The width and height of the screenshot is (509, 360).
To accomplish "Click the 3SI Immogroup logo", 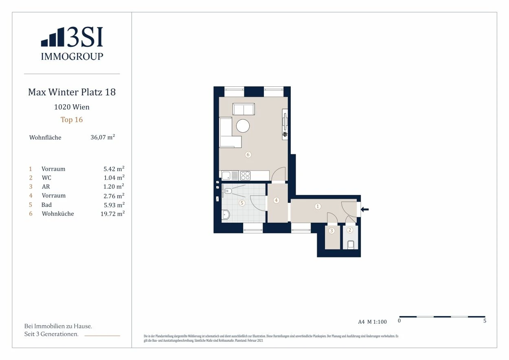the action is (72, 44).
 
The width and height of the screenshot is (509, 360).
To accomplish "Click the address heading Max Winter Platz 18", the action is (72, 92).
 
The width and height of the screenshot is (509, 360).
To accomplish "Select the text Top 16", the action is (72, 120).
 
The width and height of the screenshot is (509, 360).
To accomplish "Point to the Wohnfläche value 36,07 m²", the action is (103, 137).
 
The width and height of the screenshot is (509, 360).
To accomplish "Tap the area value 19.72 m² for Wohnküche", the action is (112, 213).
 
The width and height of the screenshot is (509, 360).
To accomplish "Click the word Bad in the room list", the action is (46, 205).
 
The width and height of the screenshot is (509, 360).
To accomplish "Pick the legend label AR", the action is (46, 187).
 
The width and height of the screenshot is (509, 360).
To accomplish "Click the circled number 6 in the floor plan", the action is (248, 155).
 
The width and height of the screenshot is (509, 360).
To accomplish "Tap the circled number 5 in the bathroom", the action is (242, 203).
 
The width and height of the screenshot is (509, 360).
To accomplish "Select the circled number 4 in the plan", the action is (276, 200).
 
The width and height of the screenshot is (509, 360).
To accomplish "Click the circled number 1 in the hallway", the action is (318, 206).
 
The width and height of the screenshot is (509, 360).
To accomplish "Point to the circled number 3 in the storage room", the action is (331, 231).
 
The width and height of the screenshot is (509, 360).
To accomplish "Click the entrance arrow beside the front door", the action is (365, 209).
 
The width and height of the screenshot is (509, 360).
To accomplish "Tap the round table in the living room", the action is (243, 126).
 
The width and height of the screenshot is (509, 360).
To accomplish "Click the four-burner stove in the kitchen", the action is (245, 176).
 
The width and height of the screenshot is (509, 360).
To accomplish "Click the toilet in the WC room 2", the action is (351, 244).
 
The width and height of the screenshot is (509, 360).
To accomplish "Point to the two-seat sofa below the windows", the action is (244, 109).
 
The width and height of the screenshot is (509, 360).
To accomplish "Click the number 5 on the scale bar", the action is (485, 320).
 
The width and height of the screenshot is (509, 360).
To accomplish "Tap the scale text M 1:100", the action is (377, 322).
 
